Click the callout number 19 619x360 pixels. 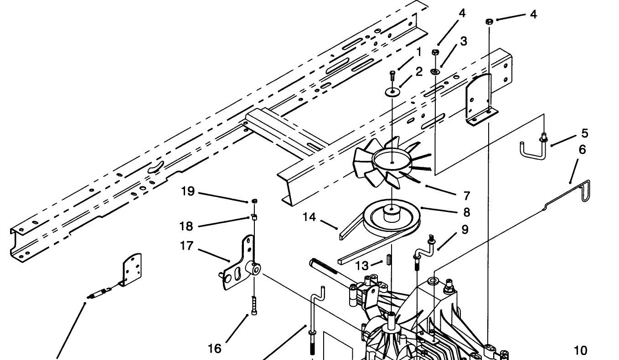point(188,191)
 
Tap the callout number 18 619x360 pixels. point(186,226)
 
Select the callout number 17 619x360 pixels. point(186,246)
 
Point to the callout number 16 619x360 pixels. point(214,349)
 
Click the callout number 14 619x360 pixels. point(309,217)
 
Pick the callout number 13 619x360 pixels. point(362,266)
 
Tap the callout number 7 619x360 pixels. point(467,196)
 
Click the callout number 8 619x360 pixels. point(467,212)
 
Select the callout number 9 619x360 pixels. point(465,230)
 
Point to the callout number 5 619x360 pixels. point(584,134)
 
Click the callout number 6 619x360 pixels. point(582,150)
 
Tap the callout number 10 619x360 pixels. point(581,350)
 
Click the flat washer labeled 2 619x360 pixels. point(392,92)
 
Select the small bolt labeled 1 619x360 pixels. point(392,76)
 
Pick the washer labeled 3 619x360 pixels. point(435,72)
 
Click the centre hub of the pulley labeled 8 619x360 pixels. point(392,213)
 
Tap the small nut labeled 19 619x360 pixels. point(255,201)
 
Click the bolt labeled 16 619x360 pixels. point(254,305)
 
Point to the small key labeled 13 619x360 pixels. point(388,259)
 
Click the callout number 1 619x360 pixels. point(419,52)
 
